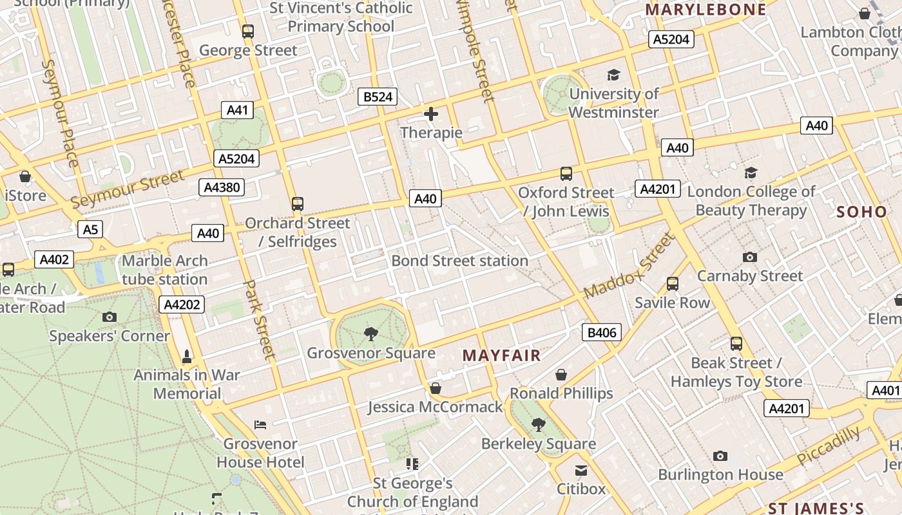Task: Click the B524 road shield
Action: (378, 97)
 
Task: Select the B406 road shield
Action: (602, 332)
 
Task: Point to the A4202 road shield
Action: (182, 304)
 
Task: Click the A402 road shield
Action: (54, 259)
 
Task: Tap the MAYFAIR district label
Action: (501, 355)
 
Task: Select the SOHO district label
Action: (861, 212)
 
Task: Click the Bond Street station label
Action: (459, 261)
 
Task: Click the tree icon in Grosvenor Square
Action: (370, 333)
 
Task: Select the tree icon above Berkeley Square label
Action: (538, 424)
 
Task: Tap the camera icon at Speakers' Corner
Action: (110, 317)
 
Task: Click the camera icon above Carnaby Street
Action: (750, 257)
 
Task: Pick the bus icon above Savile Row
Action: (673, 283)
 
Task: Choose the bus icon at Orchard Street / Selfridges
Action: (297, 204)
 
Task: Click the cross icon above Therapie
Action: (431, 114)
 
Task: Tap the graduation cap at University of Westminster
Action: (613, 75)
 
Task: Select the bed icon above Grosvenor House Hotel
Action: (260, 424)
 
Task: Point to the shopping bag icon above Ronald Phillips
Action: (561, 375)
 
